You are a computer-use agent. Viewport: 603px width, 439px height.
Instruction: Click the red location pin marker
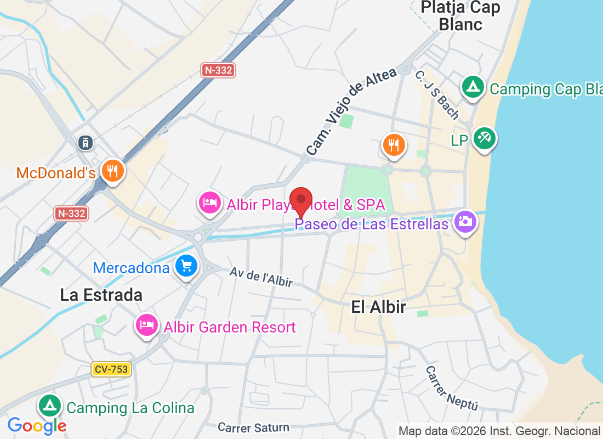click(x=301, y=200)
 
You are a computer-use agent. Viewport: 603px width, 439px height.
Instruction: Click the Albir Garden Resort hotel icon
click(x=146, y=325)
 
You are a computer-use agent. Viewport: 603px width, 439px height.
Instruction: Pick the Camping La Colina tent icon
click(x=50, y=406)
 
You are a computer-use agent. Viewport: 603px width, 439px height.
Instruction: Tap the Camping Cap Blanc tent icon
click(x=472, y=87)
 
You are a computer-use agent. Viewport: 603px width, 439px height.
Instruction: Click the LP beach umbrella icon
click(x=484, y=138)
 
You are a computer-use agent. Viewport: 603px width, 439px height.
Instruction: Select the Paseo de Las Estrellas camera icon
click(x=465, y=222)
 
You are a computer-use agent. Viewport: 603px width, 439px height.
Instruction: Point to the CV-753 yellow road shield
click(x=111, y=369)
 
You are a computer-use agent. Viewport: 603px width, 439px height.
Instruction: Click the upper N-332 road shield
click(x=218, y=70)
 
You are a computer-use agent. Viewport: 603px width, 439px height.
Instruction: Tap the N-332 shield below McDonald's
click(x=72, y=213)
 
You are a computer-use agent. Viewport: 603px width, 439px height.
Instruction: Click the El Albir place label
click(x=379, y=307)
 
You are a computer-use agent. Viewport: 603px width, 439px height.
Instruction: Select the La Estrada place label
click(x=101, y=295)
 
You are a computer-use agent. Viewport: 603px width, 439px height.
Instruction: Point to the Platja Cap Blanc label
click(x=460, y=15)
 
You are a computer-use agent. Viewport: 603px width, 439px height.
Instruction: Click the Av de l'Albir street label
click(x=261, y=276)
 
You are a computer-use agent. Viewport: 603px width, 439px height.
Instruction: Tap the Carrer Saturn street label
click(x=253, y=427)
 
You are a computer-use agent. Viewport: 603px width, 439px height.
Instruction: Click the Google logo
click(x=37, y=425)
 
